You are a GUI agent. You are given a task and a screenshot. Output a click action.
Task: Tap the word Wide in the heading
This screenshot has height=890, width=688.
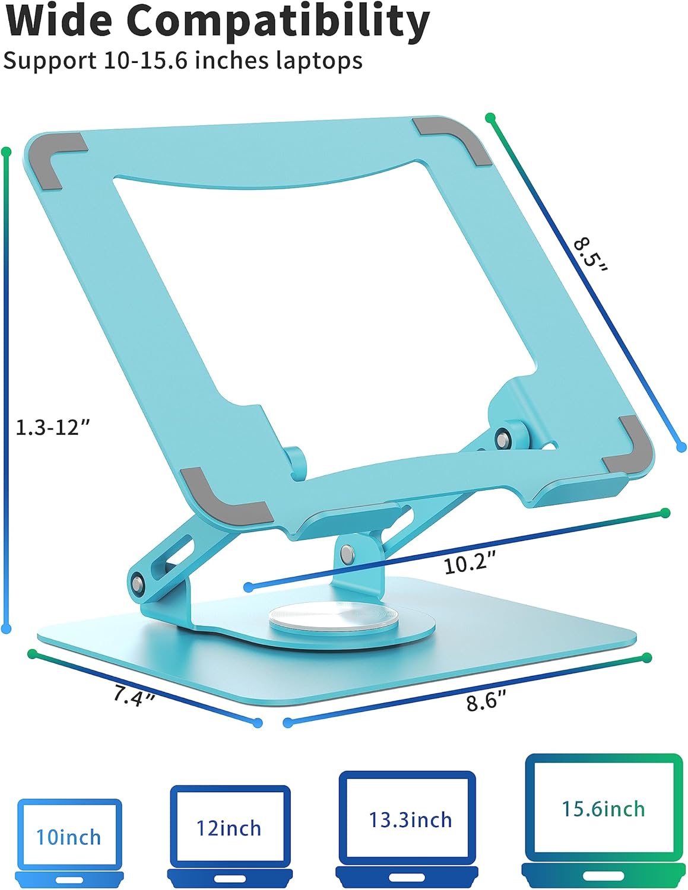pyautogui.click(x=59, y=21)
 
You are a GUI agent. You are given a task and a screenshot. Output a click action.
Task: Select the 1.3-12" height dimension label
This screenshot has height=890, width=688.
pyautogui.click(x=52, y=427)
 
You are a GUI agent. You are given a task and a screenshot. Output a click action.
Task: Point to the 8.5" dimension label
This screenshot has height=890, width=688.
pyautogui.click(x=591, y=255)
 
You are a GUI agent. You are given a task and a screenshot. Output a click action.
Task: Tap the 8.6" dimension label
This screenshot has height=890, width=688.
pyautogui.click(x=486, y=702)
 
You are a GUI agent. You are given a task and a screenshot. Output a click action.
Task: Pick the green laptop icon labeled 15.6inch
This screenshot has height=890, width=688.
pyautogui.click(x=603, y=816)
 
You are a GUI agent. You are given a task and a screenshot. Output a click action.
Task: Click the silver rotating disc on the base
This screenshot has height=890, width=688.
pyautogui.click(x=351, y=616)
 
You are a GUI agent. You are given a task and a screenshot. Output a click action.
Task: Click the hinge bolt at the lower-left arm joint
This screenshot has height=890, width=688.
pyautogui.click(x=138, y=583)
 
